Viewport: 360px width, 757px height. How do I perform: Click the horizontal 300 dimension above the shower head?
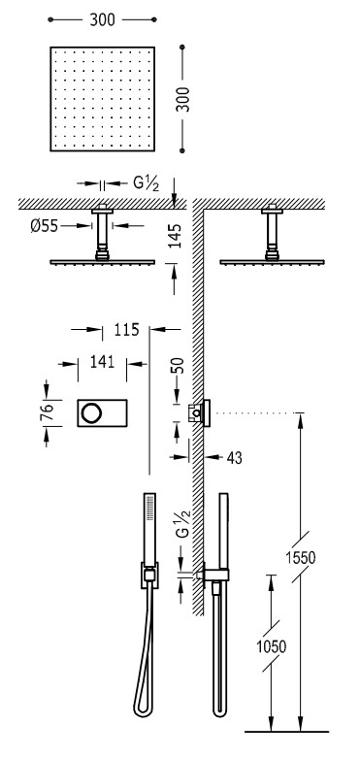[x=102, y=19]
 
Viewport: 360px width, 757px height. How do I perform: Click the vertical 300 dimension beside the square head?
[x=182, y=99]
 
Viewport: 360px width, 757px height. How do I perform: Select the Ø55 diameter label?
[x=44, y=225]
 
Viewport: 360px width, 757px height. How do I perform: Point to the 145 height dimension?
[x=177, y=236]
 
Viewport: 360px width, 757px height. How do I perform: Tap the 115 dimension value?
[x=126, y=329]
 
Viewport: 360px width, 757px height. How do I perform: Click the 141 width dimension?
[x=102, y=361]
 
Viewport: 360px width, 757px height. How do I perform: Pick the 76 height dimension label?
[x=47, y=412]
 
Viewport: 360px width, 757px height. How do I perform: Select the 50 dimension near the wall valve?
[x=178, y=367]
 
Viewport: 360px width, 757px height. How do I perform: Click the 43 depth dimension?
[x=234, y=458]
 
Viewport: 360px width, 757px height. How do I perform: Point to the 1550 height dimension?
[x=300, y=558]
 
